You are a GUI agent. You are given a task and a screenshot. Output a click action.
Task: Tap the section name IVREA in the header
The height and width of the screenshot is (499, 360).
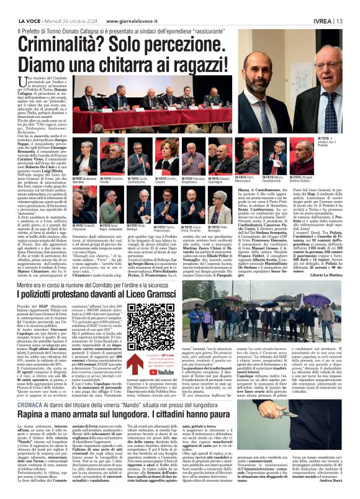(328, 5)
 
